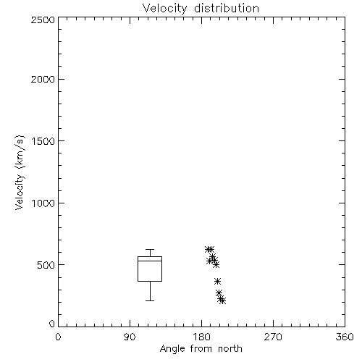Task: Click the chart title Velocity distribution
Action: (201, 9)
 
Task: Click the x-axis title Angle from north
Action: (201, 349)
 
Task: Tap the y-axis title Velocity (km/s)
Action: (20, 172)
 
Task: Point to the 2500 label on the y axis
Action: (43, 20)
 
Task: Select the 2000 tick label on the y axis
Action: (43, 79)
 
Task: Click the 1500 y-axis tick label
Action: (43, 141)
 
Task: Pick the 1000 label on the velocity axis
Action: (43, 203)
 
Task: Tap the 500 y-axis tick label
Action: (46, 265)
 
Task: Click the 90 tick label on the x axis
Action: (130, 337)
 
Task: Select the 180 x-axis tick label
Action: (201, 337)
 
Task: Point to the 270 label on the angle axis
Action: (273, 337)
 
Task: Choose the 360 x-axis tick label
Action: (345, 337)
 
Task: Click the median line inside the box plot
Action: (150, 261)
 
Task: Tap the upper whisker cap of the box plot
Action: (150, 249)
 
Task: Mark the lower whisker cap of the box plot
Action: (150, 300)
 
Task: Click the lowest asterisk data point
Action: (222, 300)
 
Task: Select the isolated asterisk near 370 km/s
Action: (217, 281)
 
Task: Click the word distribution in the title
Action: (227, 9)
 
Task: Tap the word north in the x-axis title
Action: (230, 349)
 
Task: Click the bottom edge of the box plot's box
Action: (150, 281)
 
